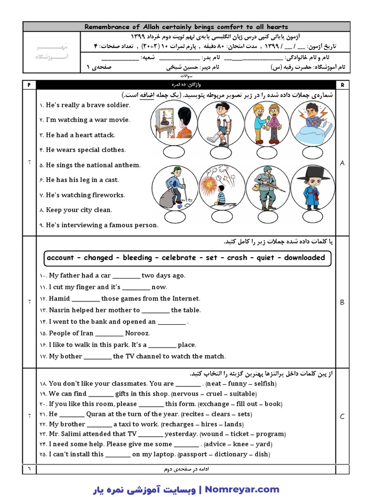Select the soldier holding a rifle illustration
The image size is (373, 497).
pyautogui.click(x=267, y=187)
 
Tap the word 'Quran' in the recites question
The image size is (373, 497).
pyautogui.click(x=96, y=414)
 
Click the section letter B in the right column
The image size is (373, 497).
pyautogui.click(x=342, y=302)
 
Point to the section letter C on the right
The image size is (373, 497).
pyautogui.click(x=342, y=416)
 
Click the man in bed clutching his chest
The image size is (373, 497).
pyautogui.click(x=313, y=124)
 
